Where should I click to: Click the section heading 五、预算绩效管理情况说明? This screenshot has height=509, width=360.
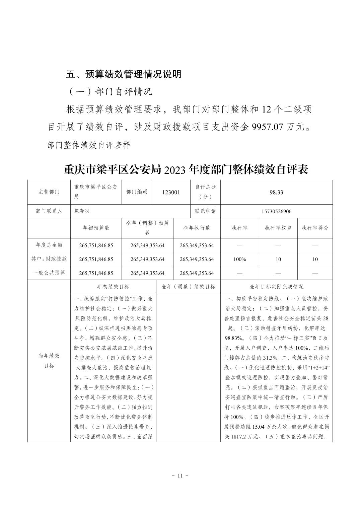[x=124, y=74]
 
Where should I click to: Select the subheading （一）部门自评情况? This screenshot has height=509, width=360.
[x=110, y=91]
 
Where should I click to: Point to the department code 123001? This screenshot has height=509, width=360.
[x=171, y=192]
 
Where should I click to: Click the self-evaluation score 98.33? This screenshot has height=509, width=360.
[x=276, y=192]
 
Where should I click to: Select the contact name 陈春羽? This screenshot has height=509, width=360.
[x=82, y=211]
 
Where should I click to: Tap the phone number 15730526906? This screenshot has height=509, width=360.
[x=276, y=211]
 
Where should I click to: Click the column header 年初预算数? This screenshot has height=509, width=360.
[x=96, y=228]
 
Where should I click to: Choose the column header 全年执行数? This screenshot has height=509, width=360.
[x=197, y=228]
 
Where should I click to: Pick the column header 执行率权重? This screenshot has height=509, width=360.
[x=278, y=228]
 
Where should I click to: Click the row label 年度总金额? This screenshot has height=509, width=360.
[x=49, y=245]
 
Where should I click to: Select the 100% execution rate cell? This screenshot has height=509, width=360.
[x=239, y=259]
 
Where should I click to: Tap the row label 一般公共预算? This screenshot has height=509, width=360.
[x=49, y=273]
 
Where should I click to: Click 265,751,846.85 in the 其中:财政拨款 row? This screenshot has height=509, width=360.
[x=96, y=259]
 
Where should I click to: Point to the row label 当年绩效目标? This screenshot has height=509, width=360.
[x=49, y=361]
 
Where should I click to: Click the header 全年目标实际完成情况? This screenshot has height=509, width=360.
[x=276, y=287]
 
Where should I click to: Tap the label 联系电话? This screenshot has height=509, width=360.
[x=205, y=211]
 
